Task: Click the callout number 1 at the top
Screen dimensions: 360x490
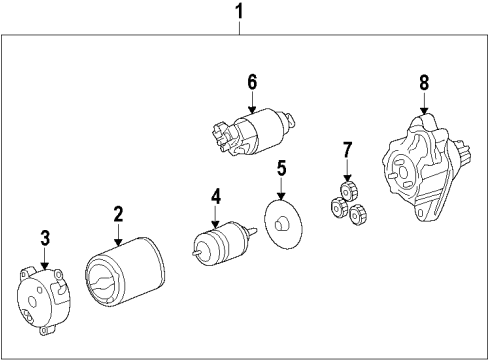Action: click(237, 13)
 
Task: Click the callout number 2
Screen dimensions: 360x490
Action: click(118, 213)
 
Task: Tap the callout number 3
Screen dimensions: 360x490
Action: click(44, 237)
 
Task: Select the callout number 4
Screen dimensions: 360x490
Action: click(215, 196)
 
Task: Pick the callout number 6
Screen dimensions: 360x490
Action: click(253, 80)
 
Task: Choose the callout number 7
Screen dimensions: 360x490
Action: click(348, 151)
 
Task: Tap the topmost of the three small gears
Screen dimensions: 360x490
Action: click(349, 189)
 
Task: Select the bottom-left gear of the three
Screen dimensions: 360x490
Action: click(337, 208)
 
